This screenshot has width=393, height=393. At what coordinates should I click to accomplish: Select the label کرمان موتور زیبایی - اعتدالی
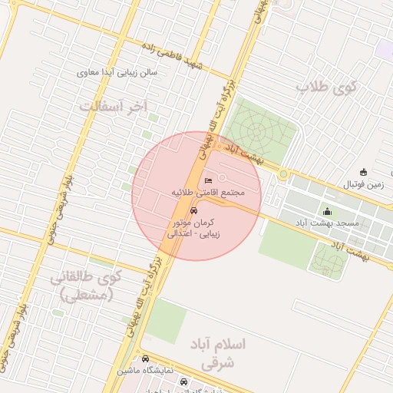click(193, 227)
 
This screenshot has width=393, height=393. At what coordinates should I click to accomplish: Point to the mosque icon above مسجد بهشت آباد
click(328, 212)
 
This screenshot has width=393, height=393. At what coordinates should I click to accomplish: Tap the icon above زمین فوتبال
click(363, 172)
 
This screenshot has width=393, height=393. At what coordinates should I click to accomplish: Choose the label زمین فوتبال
click(363, 184)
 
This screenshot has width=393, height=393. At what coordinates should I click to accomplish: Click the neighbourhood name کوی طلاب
click(327, 87)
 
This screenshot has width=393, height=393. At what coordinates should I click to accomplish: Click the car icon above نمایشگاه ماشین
click(144, 358)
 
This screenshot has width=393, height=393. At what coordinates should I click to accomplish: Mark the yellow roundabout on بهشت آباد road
click(283, 175)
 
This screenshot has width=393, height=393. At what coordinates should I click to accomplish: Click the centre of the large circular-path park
click(261, 126)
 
